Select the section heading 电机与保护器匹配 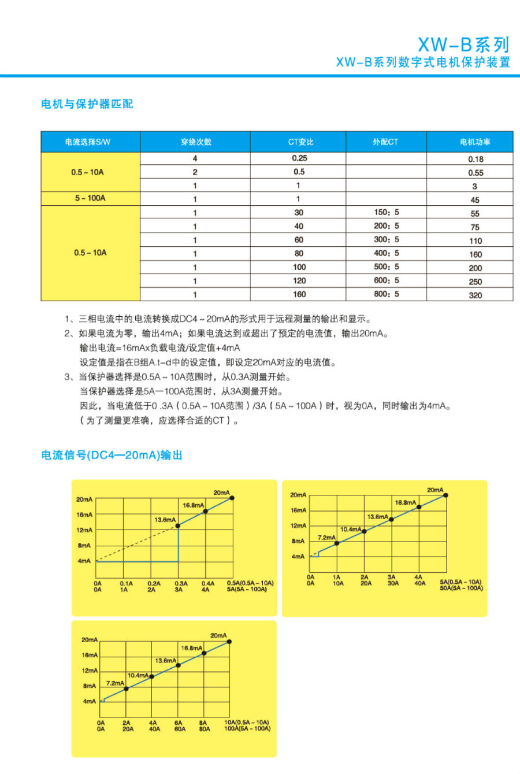pyautogui.click(x=87, y=104)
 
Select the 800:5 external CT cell pyautogui.click(x=386, y=294)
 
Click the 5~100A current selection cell pyautogui.click(x=90, y=198)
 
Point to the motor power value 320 pyautogui.click(x=475, y=295)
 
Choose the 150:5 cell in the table pyautogui.click(x=386, y=212)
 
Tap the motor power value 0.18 pyautogui.click(x=476, y=159)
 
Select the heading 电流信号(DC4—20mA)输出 pyautogui.click(x=112, y=455)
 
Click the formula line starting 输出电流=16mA pyautogui.click(x=159, y=348)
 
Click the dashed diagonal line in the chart pyautogui.click(x=136, y=544)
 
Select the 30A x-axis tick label pyautogui.click(x=393, y=583)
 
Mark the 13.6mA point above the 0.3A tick pyautogui.click(x=178, y=525)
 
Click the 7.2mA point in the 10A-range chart pyautogui.click(x=127, y=688)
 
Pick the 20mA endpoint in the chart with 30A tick pyautogui.click(x=445, y=495)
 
